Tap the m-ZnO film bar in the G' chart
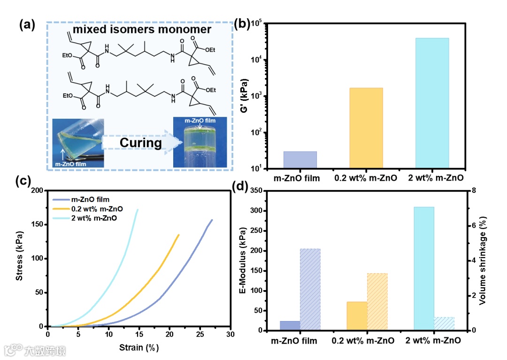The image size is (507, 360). pos(300,160)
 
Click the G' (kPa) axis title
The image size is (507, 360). pos(244,96)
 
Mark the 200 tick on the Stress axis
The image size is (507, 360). pos(37,191)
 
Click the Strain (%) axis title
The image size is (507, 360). pos(139,348)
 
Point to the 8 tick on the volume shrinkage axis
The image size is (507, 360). pos(474,191)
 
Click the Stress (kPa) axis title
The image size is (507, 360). pos(19,259)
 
